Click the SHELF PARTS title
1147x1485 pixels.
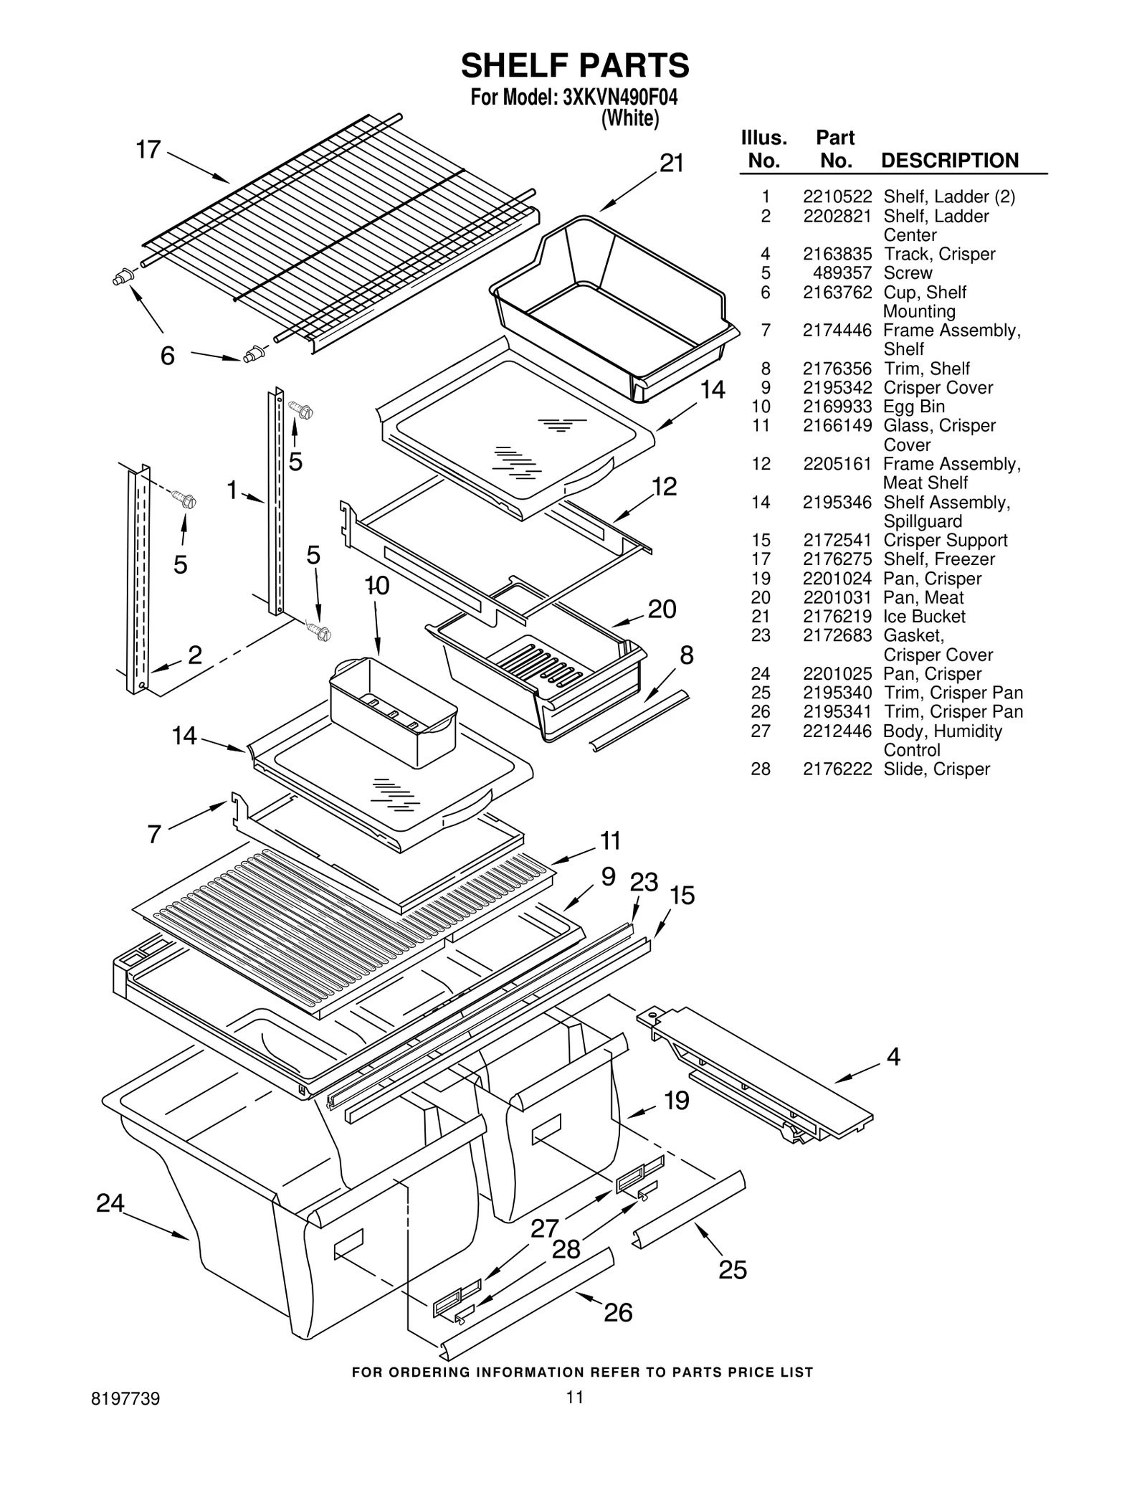[574, 65]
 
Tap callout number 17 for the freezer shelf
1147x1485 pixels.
[148, 150]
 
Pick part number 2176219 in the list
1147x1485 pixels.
[837, 617]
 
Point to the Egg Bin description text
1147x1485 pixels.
[913, 407]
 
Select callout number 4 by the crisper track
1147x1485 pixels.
[893, 1056]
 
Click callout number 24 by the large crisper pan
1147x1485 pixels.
[110, 1203]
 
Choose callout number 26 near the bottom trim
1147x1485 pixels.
[617, 1313]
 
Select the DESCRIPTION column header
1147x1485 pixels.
[949, 161]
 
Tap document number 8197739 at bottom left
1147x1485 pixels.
[125, 1399]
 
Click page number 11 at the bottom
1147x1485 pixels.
[574, 1397]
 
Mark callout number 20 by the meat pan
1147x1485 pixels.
[662, 609]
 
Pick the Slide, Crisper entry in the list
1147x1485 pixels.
[936, 769]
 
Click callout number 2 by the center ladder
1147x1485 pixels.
[194, 655]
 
